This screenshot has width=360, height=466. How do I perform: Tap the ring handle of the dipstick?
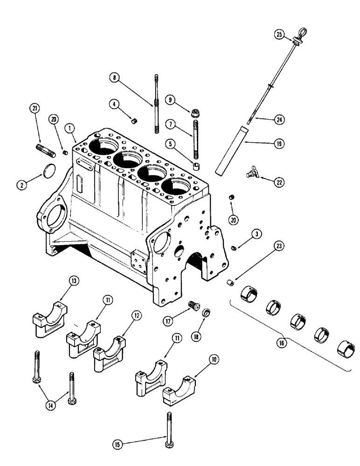click(298, 35)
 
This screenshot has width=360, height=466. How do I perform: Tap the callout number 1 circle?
click(69, 127)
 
